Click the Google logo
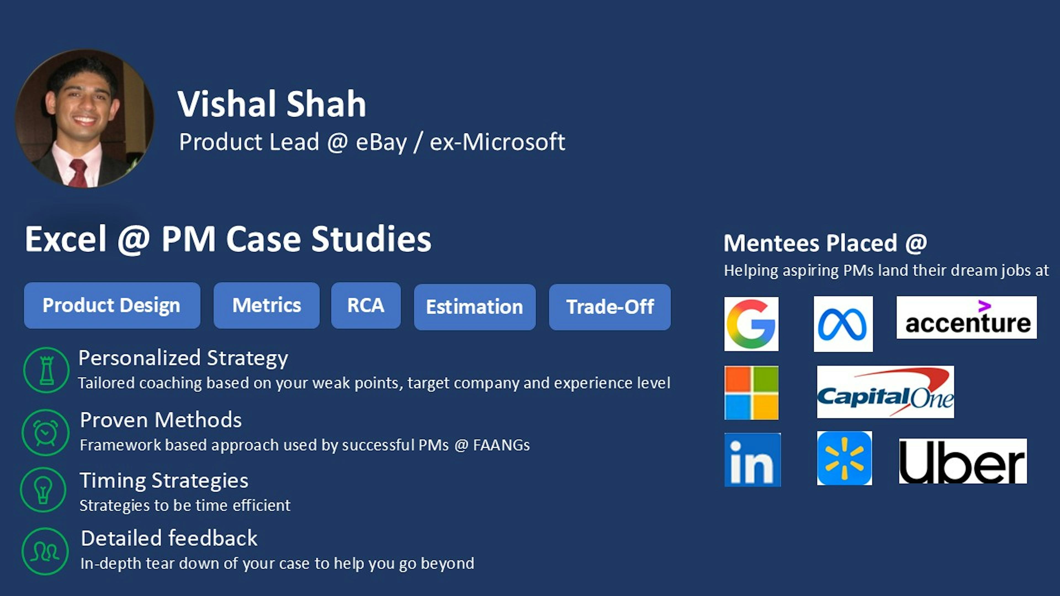click(x=751, y=324)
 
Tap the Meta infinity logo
click(x=843, y=324)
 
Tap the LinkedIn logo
click(x=752, y=459)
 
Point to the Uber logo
click(x=963, y=461)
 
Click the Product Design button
click(x=112, y=305)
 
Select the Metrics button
click(x=266, y=305)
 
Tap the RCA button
click(x=365, y=305)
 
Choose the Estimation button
click(x=475, y=307)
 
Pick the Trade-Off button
click(x=609, y=307)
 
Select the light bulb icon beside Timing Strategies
click(x=43, y=489)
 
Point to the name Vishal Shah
click(x=272, y=104)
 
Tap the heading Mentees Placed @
click(x=825, y=243)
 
